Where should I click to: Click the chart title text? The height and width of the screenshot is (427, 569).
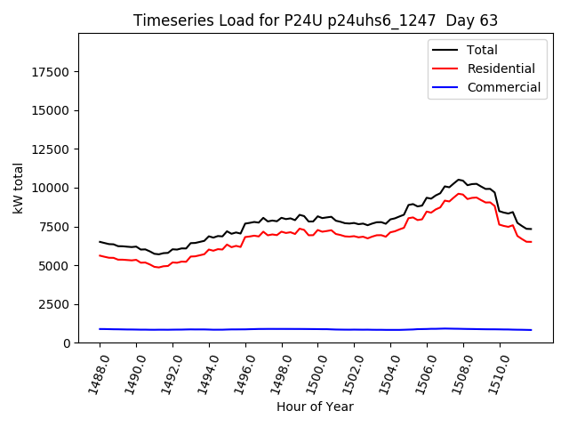click(316, 20)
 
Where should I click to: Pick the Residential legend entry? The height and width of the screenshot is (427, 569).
click(501, 68)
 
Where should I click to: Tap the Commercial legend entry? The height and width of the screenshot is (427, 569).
click(503, 87)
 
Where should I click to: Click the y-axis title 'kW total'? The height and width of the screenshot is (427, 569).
click(19, 188)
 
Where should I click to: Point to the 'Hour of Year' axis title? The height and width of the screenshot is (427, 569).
click(315, 407)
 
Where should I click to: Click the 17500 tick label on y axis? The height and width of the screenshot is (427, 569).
click(51, 72)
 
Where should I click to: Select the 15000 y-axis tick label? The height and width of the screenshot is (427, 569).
click(51, 110)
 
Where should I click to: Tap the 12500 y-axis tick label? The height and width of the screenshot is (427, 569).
click(51, 149)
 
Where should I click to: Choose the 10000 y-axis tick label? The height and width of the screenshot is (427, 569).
click(51, 188)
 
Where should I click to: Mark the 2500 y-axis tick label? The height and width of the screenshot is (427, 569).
click(54, 304)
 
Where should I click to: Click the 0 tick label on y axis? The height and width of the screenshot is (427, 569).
click(67, 343)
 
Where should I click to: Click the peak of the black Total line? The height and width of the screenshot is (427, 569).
click(459, 180)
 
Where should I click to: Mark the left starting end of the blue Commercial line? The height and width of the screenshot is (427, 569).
click(100, 329)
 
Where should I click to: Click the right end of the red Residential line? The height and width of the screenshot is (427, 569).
click(531, 242)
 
